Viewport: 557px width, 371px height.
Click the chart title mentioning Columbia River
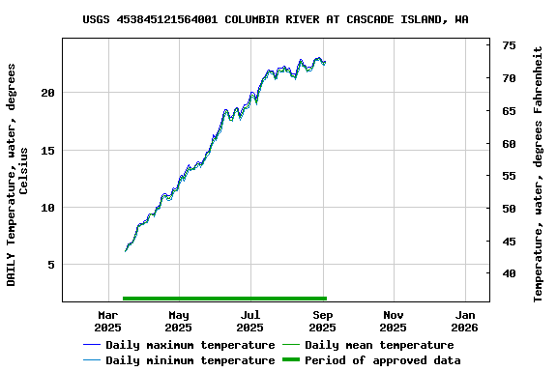[276, 19]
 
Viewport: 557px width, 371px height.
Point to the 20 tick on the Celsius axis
[48, 93]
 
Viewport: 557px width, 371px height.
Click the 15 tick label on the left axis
[48, 150]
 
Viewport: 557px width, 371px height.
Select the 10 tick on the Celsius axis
[48, 207]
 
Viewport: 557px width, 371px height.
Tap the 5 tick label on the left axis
[52, 264]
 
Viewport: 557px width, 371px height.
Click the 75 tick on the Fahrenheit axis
[509, 45]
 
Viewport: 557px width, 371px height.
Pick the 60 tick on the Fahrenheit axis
[509, 144]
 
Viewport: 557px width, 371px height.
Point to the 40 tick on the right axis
[509, 273]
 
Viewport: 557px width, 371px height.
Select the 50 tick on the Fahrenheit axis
[509, 209]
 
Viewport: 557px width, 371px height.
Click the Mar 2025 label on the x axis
[108, 321]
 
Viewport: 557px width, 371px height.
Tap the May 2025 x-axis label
[179, 321]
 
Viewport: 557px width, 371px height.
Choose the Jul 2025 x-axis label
[250, 321]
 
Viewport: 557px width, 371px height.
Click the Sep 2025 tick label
[323, 321]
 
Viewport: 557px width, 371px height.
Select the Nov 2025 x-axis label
[394, 321]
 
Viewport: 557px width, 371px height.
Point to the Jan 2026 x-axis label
[465, 321]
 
